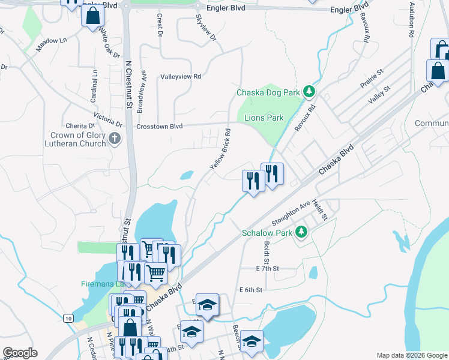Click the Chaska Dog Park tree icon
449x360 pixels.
pos(309,92)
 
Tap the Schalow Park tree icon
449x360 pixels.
pos(301,232)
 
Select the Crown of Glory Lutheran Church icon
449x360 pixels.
pos(115,139)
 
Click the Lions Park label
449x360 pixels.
pos(264,118)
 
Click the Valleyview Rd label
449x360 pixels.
pos(181,77)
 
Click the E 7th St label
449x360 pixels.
pos(268,269)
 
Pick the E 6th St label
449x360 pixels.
pos(251,290)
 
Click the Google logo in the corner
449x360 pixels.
pos(20,353)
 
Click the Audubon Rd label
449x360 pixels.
pos(412,21)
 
